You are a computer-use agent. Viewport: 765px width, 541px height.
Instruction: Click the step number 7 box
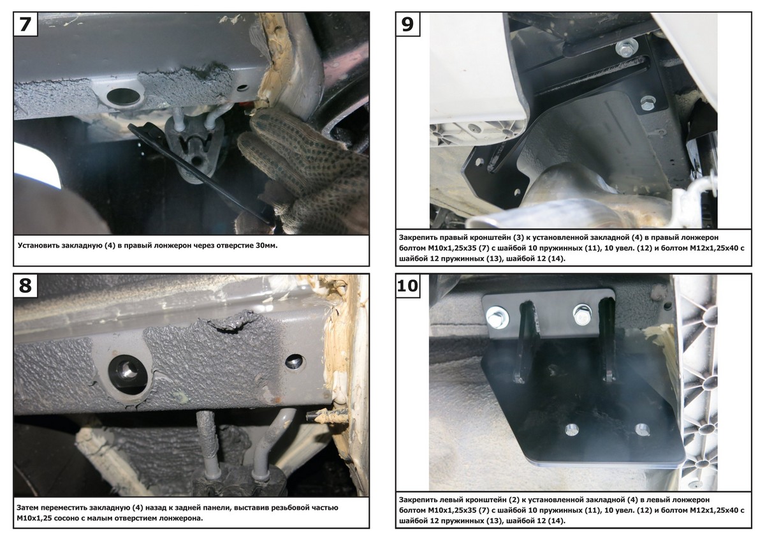(x=25, y=24)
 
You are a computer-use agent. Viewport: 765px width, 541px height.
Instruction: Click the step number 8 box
(x=25, y=285)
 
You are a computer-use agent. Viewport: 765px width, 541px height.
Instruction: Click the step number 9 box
(x=407, y=24)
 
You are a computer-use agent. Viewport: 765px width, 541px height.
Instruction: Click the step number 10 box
(x=408, y=285)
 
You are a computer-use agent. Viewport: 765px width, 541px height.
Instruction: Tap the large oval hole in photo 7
(x=123, y=97)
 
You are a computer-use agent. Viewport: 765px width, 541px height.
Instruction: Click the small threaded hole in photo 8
(x=294, y=361)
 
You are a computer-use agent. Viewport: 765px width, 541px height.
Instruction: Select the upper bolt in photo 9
(x=626, y=47)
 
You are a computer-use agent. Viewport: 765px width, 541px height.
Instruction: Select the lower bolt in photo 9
(x=647, y=103)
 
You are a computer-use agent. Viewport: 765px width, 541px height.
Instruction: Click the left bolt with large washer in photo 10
(x=497, y=318)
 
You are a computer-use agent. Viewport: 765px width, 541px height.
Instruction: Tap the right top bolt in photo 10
(x=582, y=315)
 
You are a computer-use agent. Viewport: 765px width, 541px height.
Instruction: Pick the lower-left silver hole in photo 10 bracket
(x=571, y=430)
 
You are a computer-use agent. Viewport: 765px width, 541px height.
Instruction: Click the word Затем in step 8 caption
(x=27, y=508)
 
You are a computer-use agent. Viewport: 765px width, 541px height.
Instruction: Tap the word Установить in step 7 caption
(x=40, y=246)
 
